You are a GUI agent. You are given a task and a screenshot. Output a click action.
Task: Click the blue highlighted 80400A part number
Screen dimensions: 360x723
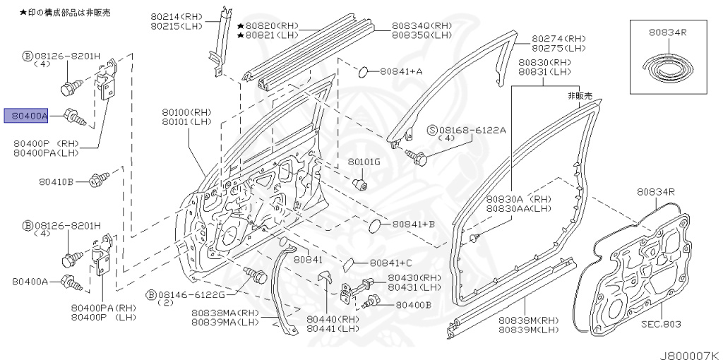[x=26, y=116]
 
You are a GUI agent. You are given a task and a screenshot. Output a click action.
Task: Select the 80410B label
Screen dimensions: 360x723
[x=56, y=181]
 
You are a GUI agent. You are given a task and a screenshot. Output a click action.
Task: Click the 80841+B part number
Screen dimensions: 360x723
[x=413, y=224]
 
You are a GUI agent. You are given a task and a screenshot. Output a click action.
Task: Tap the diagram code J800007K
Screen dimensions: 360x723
[x=689, y=353]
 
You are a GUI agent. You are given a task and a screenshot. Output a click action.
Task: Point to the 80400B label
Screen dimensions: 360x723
[x=413, y=305]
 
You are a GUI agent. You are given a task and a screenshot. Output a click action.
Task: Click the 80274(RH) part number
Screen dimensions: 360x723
[x=558, y=38]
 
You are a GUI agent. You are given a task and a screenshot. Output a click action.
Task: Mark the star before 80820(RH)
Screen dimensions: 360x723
[x=241, y=25]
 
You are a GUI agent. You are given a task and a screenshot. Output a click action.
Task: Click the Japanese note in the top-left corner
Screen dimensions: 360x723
[x=64, y=13]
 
